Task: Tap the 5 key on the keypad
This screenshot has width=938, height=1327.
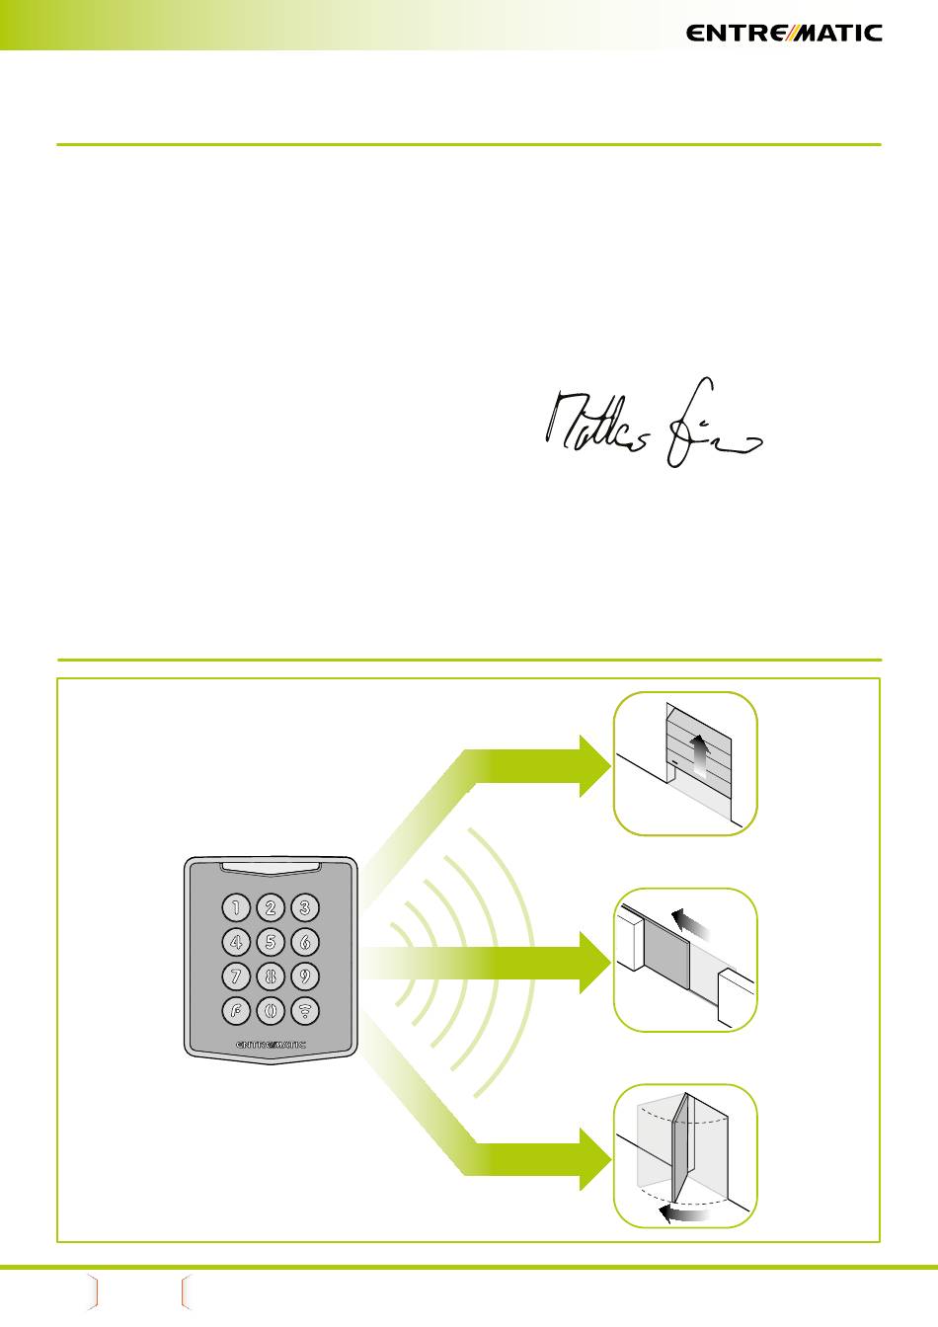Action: point(271,942)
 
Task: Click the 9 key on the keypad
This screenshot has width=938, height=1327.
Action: point(305,976)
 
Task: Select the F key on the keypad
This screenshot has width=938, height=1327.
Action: point(236,1011)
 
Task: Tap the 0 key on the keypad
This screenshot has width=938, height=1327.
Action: point(271,1011)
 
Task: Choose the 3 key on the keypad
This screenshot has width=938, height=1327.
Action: point(305,907)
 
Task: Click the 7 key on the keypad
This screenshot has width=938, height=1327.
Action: point(236,976)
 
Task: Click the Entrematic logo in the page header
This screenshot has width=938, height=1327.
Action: point(784,33)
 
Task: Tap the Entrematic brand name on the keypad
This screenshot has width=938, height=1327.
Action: point(272,1043)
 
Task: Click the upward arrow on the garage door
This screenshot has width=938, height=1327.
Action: point(698,754)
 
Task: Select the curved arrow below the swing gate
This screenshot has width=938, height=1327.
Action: point(684,1212)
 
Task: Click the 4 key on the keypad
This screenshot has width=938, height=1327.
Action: point(236,942)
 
